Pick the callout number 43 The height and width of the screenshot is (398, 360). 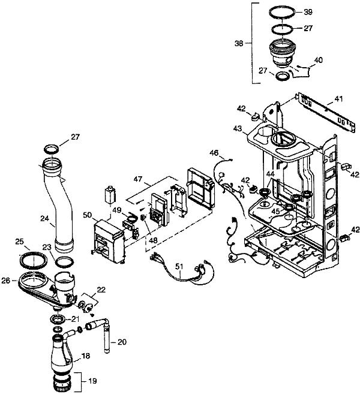tap(238, 129)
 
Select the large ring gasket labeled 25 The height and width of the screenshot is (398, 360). tap(34, 260)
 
